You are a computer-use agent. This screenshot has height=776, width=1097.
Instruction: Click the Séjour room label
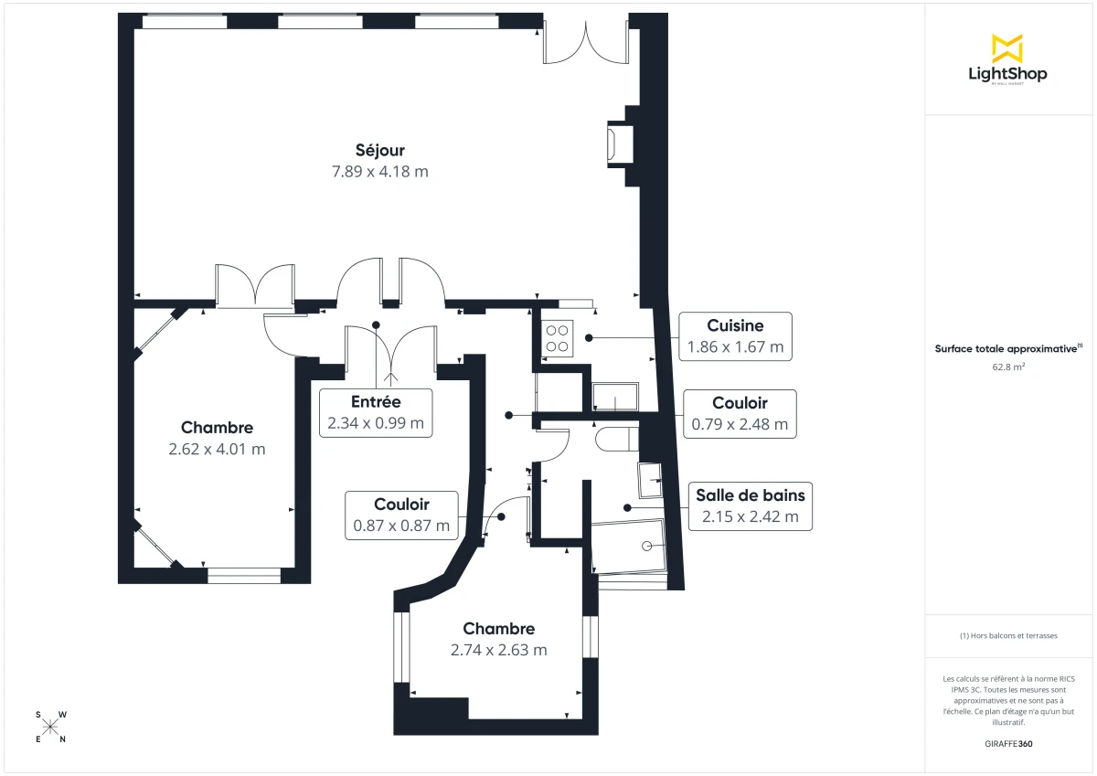[380, 151]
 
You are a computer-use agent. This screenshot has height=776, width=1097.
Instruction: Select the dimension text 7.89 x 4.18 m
[380, 172]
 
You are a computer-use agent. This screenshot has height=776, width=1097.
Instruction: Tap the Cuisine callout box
[735, 336]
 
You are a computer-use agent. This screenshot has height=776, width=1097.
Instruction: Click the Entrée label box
[376, 412]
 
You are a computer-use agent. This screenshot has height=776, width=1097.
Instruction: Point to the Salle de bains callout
[750, 505]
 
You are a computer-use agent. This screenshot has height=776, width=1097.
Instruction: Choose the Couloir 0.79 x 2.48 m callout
[740, 414]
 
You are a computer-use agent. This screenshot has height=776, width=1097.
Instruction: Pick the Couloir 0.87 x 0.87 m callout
[401, 515]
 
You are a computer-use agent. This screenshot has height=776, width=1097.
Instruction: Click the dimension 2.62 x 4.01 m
[217, 449]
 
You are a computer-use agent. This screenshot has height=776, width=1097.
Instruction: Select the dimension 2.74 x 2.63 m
[498, 650]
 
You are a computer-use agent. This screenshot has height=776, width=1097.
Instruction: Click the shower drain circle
[647, 545]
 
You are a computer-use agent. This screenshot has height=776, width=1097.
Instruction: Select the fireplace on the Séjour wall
[618, 144]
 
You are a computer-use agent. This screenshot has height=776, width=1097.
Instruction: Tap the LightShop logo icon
[1006, 48]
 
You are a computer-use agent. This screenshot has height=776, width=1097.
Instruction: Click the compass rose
[50, 727]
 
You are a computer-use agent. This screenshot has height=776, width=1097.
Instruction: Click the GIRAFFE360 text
[1008, 744]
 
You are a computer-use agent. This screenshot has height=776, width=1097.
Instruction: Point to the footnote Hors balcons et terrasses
[1008, 635]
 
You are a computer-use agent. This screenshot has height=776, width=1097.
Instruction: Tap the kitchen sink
[615, 399]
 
